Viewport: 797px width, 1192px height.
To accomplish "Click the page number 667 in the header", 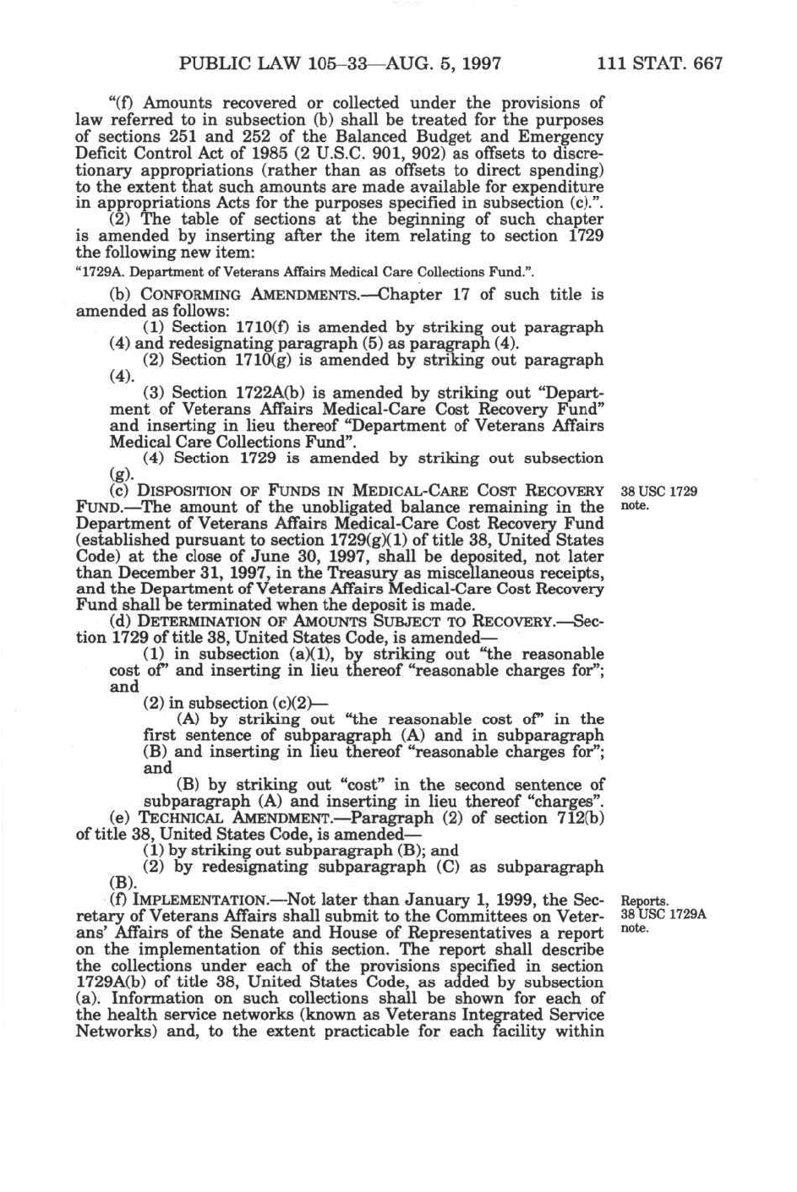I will (705, 63).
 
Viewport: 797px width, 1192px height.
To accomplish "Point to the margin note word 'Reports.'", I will (645, 901).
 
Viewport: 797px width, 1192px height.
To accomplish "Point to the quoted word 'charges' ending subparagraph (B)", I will (566, 802).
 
